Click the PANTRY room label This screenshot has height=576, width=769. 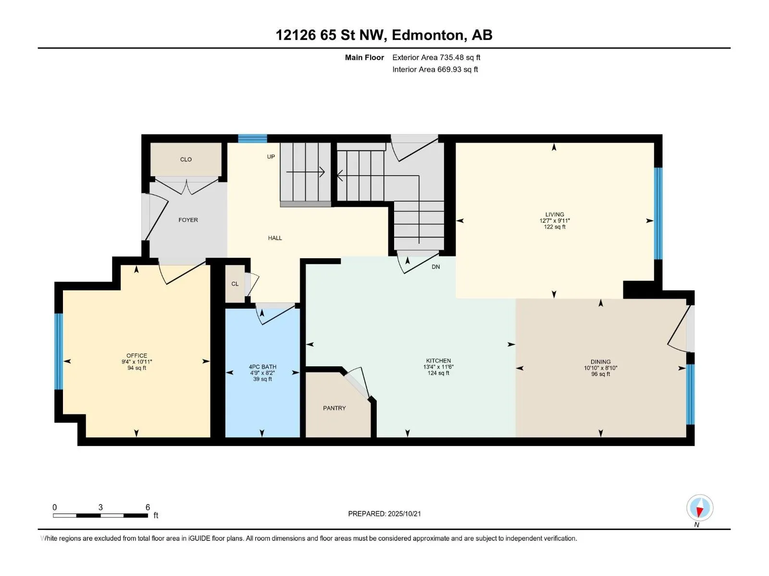coord(334,408)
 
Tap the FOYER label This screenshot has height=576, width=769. coord(188,220)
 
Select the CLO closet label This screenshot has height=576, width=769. coord(186,159)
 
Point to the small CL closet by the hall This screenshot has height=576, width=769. coord(235,284)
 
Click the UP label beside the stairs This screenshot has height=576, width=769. coord(271,156)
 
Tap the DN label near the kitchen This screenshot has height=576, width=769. coord(435,267)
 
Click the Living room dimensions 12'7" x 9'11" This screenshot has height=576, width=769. coord(555,221)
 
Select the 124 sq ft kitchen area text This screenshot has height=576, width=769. coord(438,373)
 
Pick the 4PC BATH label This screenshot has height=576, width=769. coord(262,367)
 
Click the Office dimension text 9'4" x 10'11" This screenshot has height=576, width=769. coord(136,362)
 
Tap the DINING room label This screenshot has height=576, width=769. coord(600,362)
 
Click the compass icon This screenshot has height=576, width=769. coord(700,507)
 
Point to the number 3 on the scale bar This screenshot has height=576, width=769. coord(100,507)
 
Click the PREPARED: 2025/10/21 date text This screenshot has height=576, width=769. coord(384,514)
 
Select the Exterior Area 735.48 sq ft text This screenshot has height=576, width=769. coord(436,57)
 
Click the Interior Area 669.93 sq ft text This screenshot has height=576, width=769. coord(435,69)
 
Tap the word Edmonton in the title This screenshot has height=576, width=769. coord(429,35)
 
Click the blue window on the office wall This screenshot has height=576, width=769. coord(59,351)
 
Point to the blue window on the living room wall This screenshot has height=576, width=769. coord(658,214)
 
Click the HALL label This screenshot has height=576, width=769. coord(275,238)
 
